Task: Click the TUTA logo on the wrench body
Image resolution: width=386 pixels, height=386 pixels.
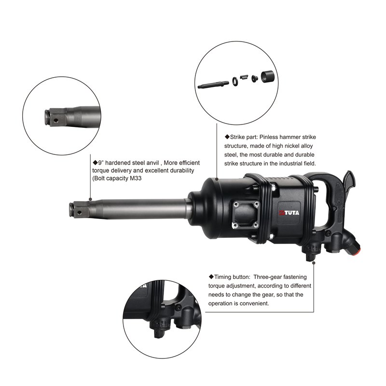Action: (289, 213)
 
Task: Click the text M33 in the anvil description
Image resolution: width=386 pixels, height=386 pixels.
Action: (136, 178)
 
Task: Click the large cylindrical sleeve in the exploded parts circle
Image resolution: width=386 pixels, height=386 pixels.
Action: (268, 77)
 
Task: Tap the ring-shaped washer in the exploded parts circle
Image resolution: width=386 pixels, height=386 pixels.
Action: (235, 81)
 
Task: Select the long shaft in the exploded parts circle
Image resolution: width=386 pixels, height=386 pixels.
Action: (213, 85)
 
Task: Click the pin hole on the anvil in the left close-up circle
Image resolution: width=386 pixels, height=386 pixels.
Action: (56, 120)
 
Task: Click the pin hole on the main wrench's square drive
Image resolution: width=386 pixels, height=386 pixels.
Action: (79, 212)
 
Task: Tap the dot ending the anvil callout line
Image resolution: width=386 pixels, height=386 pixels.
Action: (90, 199)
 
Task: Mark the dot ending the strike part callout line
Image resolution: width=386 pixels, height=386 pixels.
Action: (217, 179)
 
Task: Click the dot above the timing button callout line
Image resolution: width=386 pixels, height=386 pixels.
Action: (314, 263)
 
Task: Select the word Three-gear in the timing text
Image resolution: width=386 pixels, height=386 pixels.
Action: (268, 277)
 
